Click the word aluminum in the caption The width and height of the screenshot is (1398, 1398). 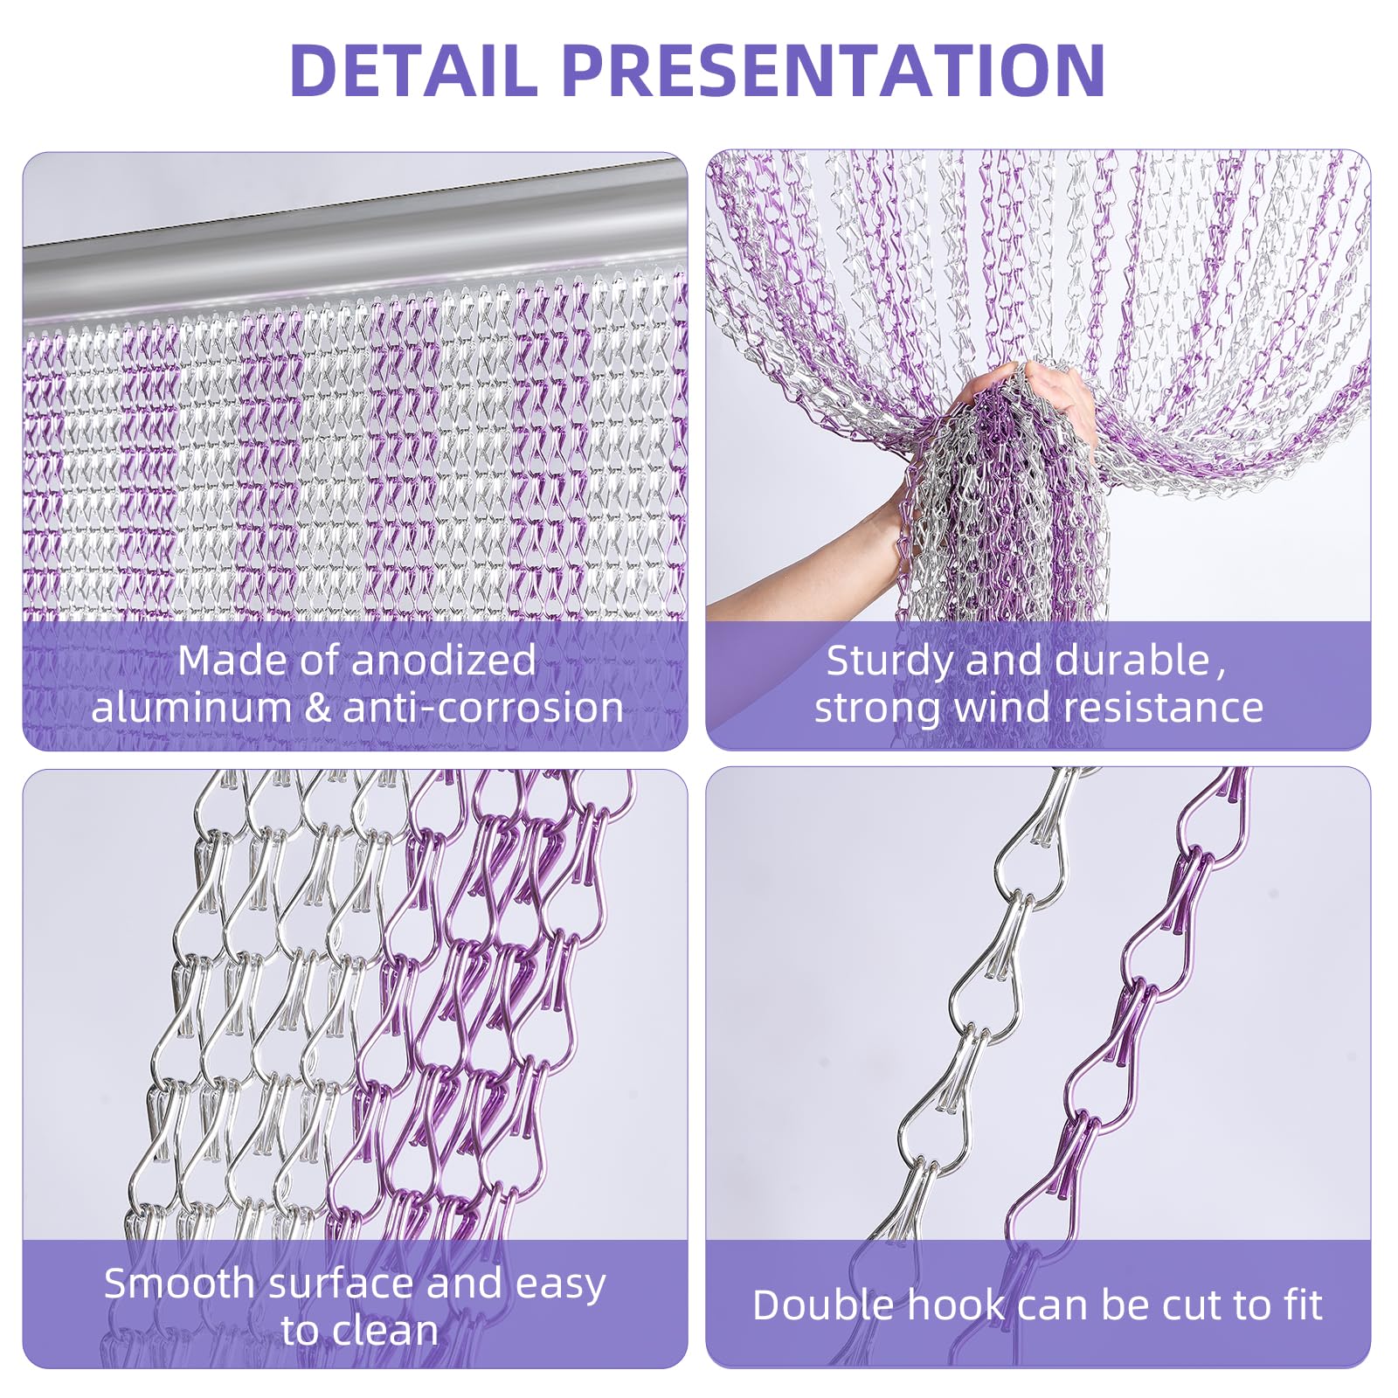190,708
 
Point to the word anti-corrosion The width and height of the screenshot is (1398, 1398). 483,708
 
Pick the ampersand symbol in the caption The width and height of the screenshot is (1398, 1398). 317,708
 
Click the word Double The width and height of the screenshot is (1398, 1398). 823,1305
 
